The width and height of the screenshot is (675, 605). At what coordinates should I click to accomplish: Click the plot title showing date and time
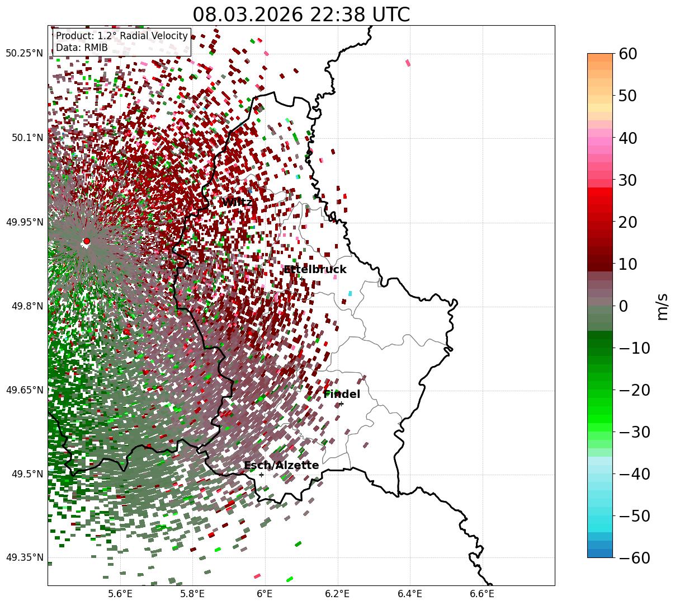point(301,15)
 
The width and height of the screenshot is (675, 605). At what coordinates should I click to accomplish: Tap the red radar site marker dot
point(87,241)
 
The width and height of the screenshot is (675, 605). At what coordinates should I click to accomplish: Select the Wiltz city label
point(237,202)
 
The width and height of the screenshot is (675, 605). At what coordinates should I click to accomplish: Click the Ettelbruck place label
point(315,270)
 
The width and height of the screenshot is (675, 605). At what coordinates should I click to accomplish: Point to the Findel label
point(342,395)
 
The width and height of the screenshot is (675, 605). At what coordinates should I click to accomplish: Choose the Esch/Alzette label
point(281,466)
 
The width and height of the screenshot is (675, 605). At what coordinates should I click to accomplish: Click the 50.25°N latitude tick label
point(24,54)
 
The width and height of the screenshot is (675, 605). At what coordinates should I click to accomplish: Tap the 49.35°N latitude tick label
point(24,557)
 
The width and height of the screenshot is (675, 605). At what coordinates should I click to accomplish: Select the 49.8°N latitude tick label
point(26,306)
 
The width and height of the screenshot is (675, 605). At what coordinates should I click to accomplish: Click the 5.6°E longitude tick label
point(120,594)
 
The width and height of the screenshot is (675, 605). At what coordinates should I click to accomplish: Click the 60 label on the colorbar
point(629,54)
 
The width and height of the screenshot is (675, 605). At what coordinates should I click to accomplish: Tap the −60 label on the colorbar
point(635,557)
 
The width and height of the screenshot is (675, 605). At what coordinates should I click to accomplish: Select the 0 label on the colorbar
point(623,306)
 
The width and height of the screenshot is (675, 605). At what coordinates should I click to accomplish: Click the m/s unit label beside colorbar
point(663,306)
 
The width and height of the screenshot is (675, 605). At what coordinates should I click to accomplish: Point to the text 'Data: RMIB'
point(82,48)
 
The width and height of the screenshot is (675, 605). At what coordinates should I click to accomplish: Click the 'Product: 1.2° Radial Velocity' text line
point(122,36)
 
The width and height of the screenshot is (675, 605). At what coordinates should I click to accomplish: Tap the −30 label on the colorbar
point(635,432)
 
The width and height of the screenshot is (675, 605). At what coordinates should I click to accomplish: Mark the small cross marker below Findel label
point(341,404)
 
